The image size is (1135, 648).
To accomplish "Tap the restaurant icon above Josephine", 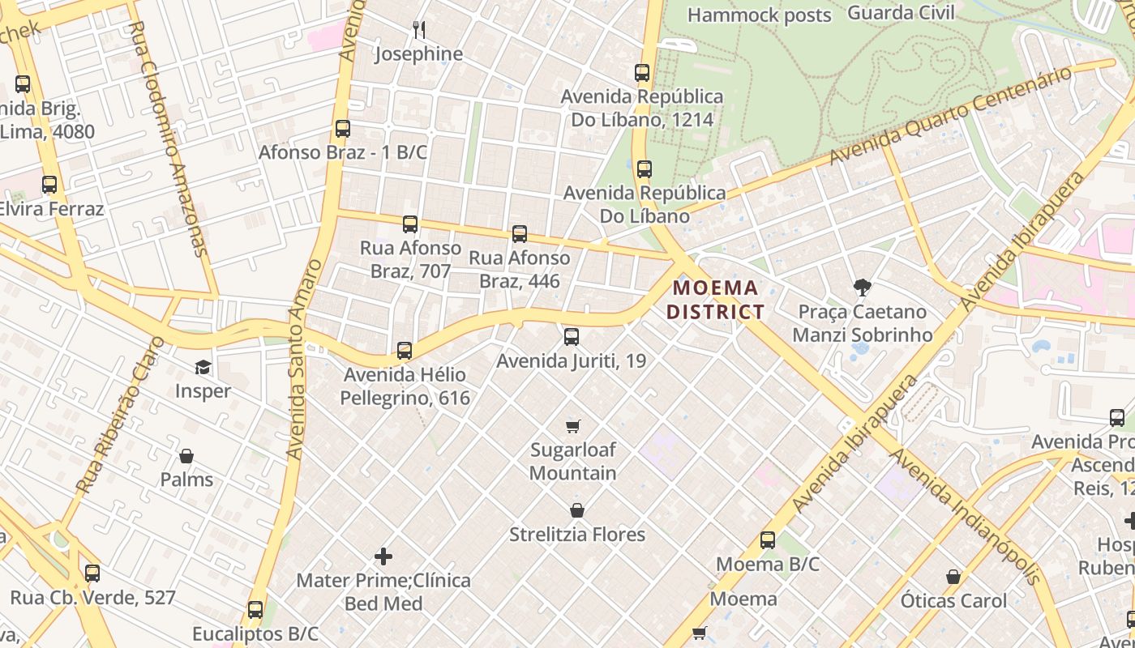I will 419,30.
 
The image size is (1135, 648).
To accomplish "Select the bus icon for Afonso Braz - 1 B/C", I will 343,129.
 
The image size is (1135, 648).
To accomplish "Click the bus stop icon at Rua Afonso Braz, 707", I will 410,224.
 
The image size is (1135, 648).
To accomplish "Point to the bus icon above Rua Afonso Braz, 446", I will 520,234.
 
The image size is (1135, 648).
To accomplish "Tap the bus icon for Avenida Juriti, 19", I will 572,337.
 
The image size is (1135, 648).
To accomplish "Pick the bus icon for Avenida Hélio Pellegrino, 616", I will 405,351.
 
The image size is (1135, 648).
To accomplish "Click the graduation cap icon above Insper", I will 203,368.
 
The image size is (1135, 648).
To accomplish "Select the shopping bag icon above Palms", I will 186,456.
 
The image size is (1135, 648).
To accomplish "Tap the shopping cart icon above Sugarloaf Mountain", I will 573,426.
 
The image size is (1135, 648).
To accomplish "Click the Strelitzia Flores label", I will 577,535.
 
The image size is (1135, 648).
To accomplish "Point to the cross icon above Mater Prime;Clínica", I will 383,556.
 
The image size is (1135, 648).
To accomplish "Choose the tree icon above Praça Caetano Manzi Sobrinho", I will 862,287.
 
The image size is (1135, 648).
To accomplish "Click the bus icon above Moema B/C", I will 768,540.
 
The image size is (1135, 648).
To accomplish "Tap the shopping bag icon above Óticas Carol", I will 953,578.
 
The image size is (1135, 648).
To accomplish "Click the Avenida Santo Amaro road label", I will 298,360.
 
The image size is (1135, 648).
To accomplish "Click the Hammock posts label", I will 760,15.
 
